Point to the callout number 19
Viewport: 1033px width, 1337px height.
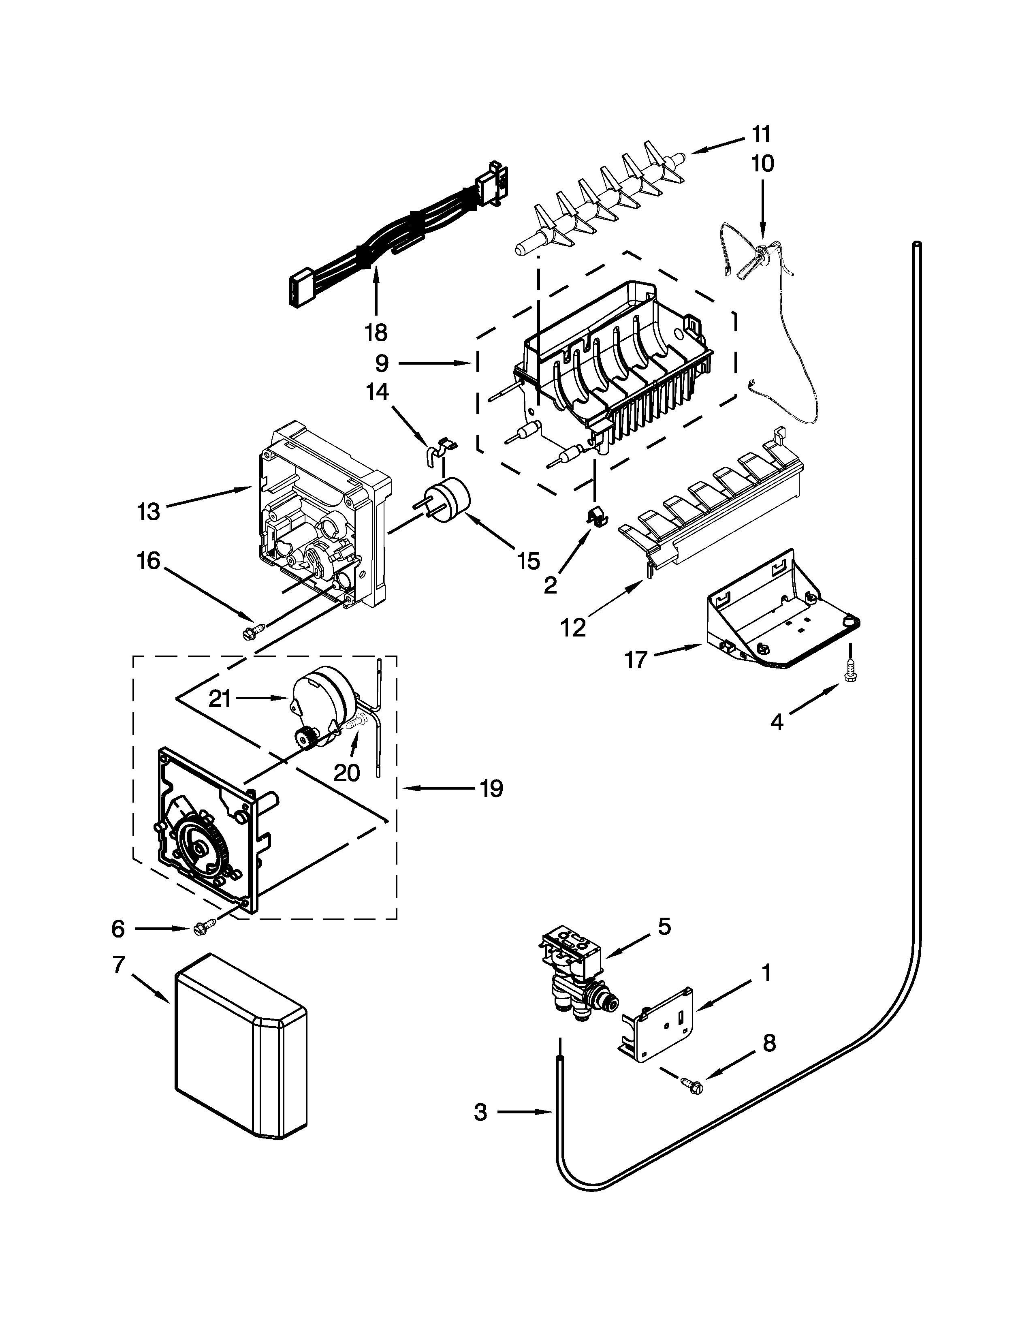pyautogui.click(x=491, y=788)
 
